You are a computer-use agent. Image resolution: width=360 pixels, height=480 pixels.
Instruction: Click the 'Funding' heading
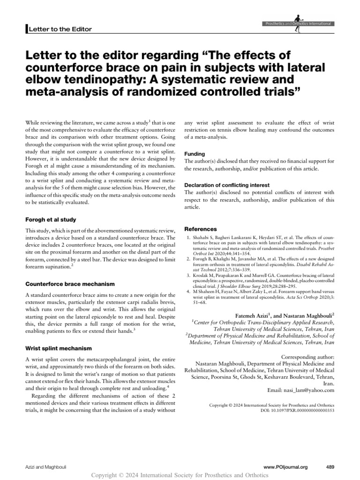click(195, 153)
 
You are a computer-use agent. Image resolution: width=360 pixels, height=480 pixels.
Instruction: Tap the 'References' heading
click(201, 229)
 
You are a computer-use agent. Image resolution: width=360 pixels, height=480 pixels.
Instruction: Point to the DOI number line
click(293, 410)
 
